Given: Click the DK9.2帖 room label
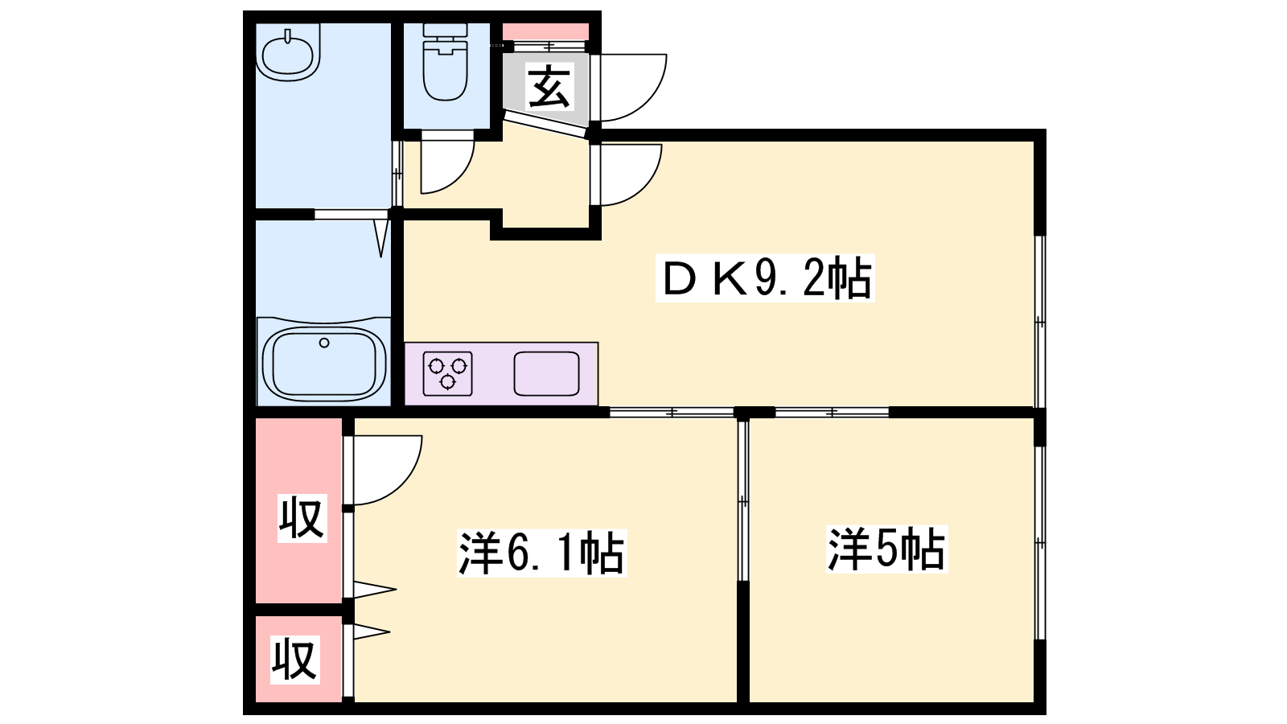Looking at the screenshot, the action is (765, 278).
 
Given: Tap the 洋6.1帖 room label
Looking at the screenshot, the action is (541, 552).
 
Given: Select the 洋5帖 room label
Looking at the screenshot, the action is (886, 549).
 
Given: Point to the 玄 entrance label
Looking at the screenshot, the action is (549, 87).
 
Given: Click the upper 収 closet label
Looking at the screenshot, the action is (302, 518).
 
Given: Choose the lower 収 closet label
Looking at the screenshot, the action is (294, 659).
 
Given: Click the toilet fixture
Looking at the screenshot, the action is (446, 63).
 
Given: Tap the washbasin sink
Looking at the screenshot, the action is (288, 52).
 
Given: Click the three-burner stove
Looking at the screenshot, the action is (447, 373).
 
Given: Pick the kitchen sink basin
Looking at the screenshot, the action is (546, 373).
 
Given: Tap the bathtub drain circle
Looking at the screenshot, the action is (324, 343).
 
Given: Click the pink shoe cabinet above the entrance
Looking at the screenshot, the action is (546, 31).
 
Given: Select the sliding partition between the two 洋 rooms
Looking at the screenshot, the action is (743, 500).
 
